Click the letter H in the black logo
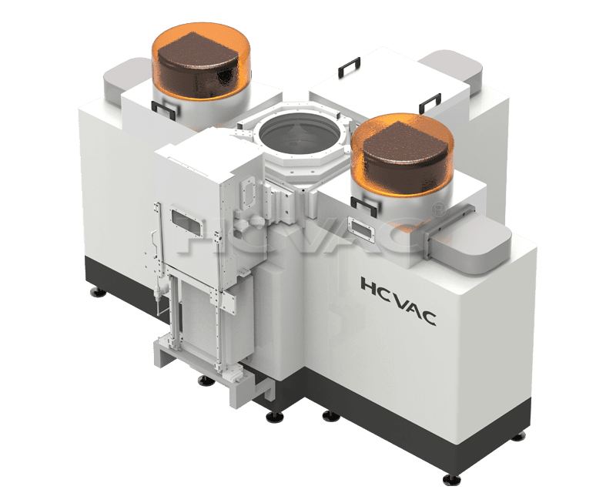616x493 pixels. pos(369,286)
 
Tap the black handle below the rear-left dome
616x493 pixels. pos(162,109)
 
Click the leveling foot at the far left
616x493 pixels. pos(97,292)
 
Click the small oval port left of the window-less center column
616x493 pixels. pos(248,189)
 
